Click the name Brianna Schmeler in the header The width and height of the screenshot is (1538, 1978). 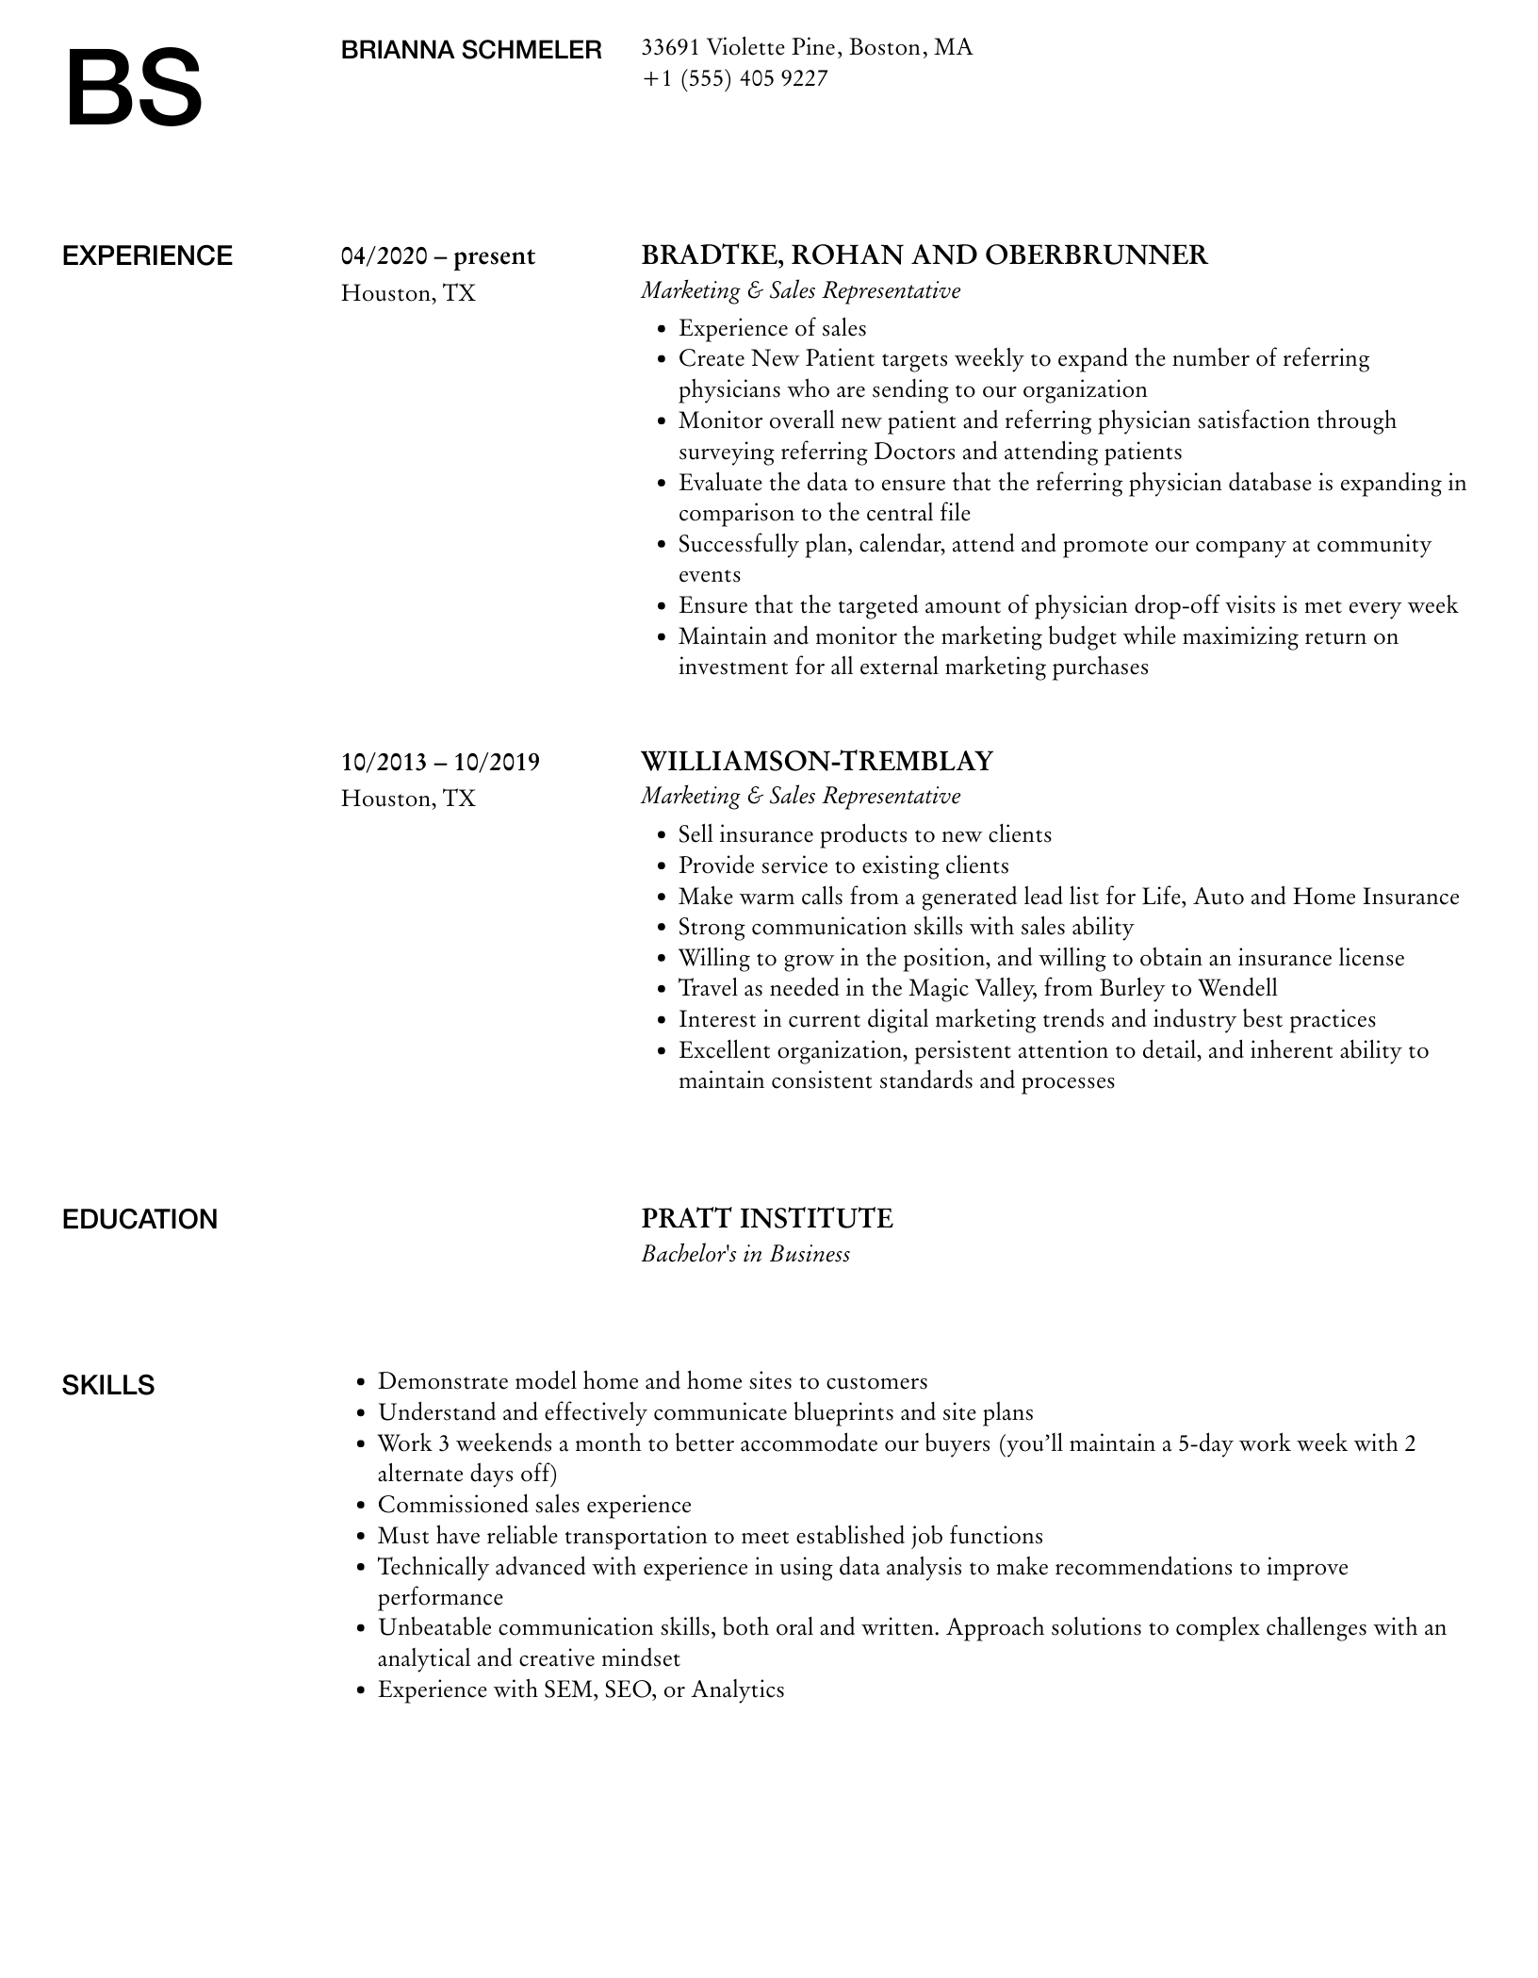471,50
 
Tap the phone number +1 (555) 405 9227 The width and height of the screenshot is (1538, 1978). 734,78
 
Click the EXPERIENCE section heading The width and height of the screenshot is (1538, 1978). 147,256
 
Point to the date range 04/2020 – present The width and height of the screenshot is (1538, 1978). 438,256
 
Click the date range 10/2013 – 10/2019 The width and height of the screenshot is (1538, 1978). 440,762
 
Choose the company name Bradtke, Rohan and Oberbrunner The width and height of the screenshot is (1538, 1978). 924,255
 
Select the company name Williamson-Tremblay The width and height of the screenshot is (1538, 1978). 817,761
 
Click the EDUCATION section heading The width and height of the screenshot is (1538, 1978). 139,1220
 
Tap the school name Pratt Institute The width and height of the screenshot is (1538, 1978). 767,1219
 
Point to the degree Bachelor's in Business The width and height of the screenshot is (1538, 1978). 745,1254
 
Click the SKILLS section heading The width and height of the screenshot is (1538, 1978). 108,1386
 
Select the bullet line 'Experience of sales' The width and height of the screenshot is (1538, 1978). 772,328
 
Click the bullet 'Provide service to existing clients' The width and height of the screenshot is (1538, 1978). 843,865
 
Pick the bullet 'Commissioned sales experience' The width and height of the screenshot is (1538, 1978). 534,1505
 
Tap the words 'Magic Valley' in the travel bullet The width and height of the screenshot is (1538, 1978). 965,988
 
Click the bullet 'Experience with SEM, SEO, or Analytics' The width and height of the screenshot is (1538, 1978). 581,1690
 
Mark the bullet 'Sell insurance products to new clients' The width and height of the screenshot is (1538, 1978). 864,834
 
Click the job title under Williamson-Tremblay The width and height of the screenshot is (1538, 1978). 800,796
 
